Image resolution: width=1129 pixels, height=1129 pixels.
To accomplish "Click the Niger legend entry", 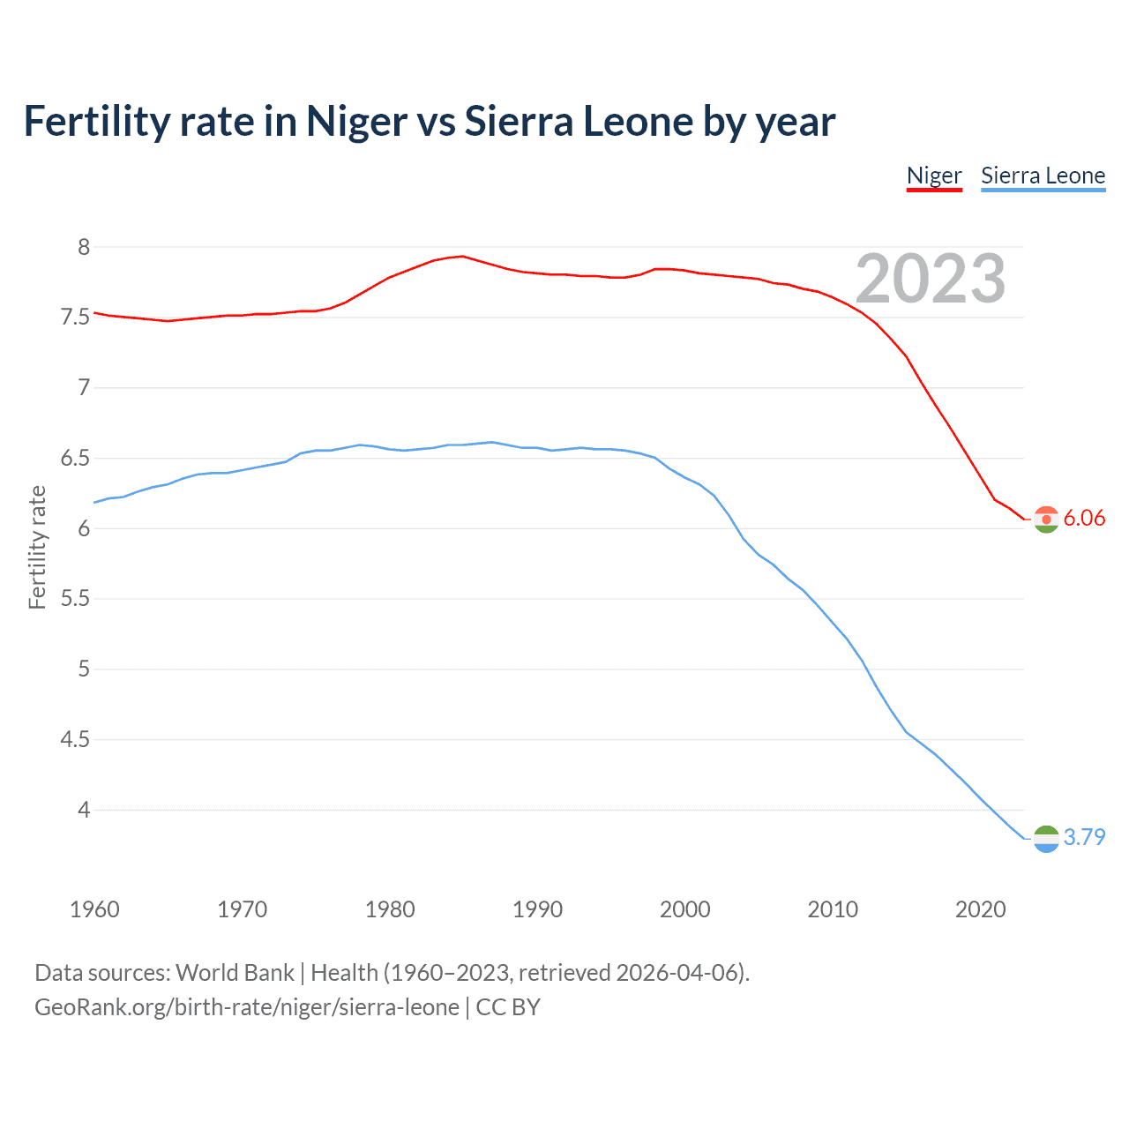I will [934, 176].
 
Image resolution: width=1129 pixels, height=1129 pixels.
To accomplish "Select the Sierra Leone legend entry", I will [1043, 176].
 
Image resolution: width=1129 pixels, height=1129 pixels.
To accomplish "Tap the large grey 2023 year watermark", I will [930, 279].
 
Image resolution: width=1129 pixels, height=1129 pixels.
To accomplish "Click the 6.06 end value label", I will [1084, 519].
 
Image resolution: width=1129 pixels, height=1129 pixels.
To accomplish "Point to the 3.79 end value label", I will [1084, 837].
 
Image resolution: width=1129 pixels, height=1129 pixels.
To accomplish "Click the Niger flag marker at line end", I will [1046, 520].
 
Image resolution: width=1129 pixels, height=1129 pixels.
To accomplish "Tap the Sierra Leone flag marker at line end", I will [1046, 839].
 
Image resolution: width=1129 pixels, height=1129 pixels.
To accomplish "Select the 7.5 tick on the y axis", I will [75, 318].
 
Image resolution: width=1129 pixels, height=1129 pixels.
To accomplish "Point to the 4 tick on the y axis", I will [84, 810].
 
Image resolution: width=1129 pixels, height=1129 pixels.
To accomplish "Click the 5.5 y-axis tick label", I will [75, 599].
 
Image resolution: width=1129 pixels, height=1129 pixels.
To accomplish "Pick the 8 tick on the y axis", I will [84, 247].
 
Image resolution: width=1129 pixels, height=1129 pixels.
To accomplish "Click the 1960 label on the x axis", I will [94, 909].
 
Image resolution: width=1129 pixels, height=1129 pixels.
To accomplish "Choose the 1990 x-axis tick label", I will [537, 909].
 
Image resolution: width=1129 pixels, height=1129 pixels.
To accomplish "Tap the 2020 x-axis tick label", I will [980, 909].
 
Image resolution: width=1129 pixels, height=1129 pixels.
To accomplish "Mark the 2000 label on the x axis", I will [684, 909].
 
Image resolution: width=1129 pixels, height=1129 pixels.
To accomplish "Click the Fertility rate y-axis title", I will [37, 547].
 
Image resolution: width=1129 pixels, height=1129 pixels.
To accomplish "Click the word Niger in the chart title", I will [356, 121].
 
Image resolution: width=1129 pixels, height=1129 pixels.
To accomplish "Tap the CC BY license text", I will [508, 1007].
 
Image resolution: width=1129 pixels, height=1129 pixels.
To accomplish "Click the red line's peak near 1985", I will [462, 256].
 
